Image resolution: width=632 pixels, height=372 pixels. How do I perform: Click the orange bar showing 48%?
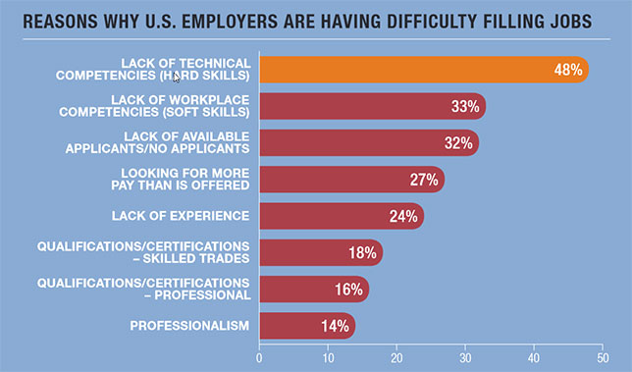pos(422,70)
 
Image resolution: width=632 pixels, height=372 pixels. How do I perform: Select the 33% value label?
pos(463,106)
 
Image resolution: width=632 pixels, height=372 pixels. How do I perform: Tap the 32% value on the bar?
pos(456,143)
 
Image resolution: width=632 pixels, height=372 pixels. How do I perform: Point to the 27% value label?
pos(423,180)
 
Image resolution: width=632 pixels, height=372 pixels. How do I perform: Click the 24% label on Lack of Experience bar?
pos(402,216)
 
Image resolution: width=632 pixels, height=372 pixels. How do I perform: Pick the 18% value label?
pos(361,253)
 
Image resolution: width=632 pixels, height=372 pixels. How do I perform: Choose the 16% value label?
pos(347,290)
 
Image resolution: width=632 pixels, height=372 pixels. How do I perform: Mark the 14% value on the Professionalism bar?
pos(334,325)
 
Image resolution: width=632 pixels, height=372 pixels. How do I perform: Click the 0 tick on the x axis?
pos(259,358)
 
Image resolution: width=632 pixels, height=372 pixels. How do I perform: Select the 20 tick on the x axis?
pos(396,358)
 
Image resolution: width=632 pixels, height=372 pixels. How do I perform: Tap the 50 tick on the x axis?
pos(603,358)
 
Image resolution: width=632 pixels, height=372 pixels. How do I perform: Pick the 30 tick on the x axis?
pos(465,358)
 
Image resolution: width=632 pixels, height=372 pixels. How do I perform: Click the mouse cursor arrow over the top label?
pos(177,77)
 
